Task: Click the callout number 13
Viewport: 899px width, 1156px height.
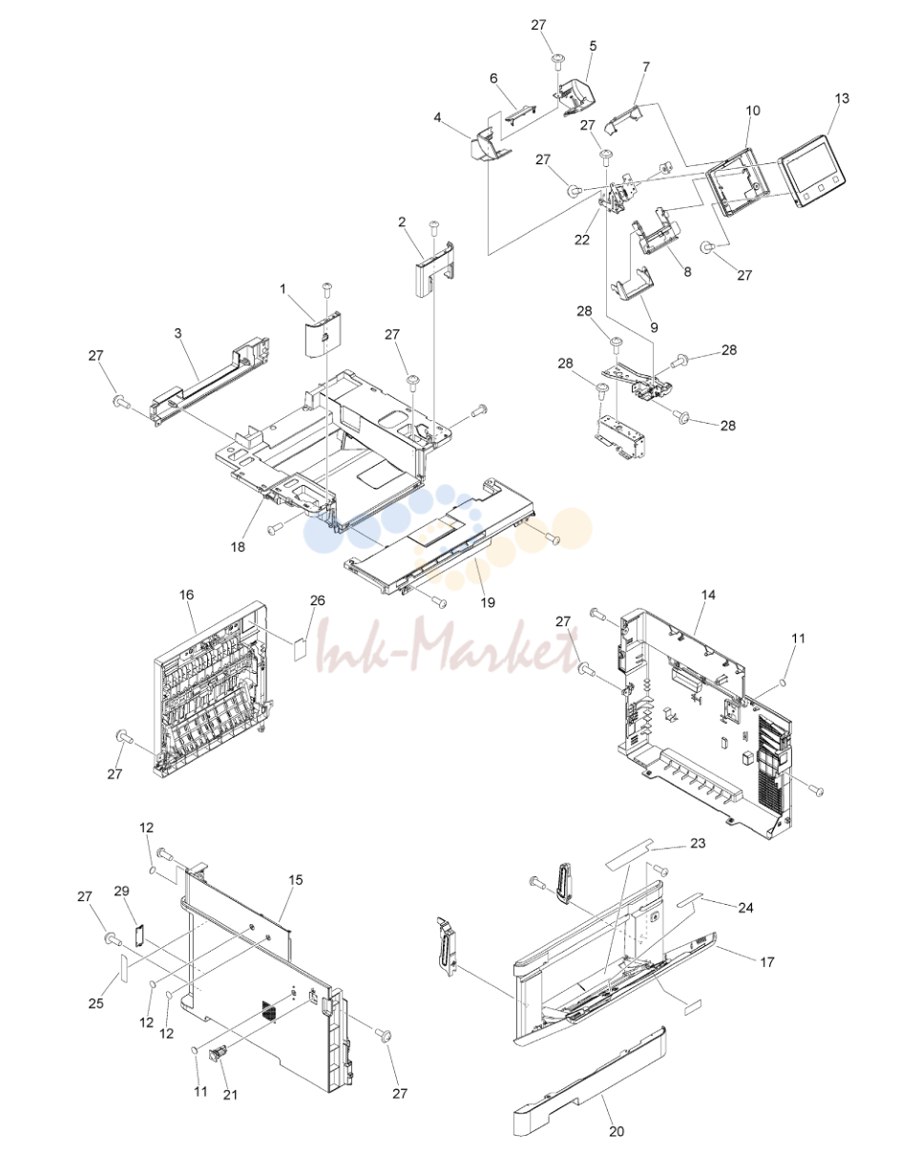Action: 842,98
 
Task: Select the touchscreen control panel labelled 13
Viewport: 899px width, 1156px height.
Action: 812,171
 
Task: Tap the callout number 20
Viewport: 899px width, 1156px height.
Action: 617,1131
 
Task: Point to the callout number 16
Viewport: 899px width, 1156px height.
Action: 187,595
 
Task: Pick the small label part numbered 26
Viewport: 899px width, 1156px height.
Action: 302,648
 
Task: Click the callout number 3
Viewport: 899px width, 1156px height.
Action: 178,333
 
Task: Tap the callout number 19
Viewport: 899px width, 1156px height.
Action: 488,602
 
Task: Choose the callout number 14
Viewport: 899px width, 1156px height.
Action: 708,595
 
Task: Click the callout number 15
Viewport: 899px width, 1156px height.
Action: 296,880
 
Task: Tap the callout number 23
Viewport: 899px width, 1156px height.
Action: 698,843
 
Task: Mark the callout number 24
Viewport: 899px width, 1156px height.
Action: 746,908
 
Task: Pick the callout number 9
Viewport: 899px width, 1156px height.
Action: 654,327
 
